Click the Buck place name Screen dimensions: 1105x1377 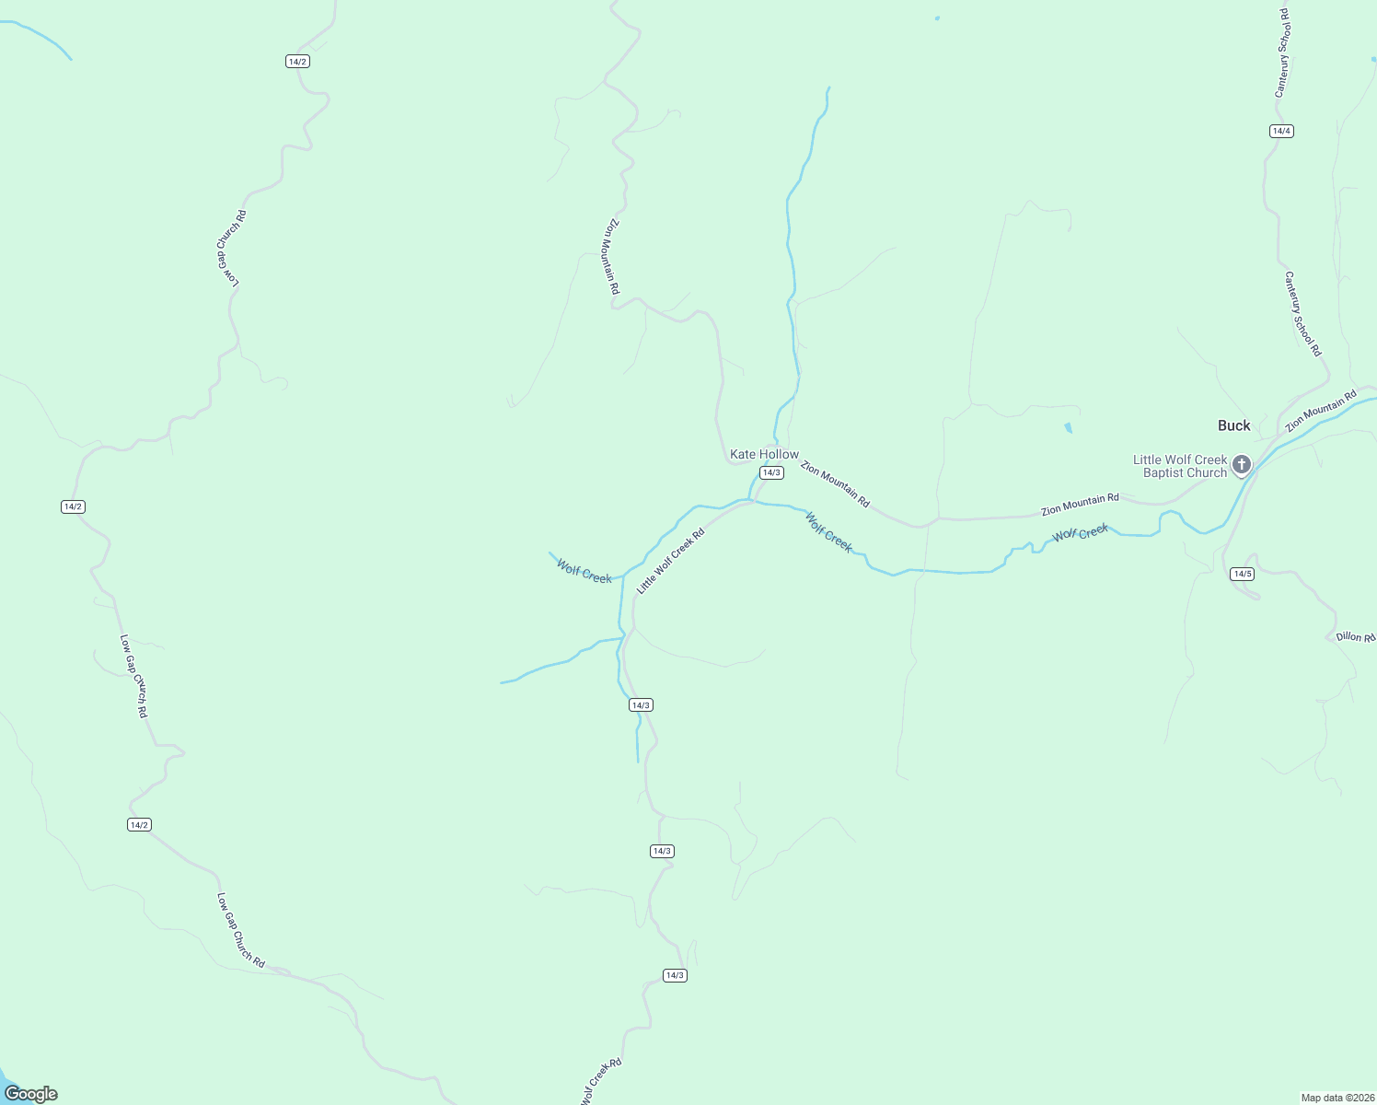(1233, 425)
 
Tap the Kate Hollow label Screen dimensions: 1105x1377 (764, 454)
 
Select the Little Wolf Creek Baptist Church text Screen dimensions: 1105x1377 (1179, 466)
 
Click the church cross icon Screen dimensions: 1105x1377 (1241, 465)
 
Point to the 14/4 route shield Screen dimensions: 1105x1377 (1281, 131)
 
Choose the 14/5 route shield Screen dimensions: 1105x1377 (1242, 574)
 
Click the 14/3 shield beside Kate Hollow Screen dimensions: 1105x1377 (770, 472)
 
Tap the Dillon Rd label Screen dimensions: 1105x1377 (1355, 636)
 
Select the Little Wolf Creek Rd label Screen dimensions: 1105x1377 (670, 560)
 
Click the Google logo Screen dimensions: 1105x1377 (31, 1094)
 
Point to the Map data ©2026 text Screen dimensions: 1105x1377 (1337, 1098)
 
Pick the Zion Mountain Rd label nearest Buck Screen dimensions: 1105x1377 (1321, 412)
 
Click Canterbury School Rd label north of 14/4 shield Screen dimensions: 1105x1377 (1282, 52)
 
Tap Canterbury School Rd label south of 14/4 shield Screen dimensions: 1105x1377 (1302, 314)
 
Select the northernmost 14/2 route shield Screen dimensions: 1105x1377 (297, 62)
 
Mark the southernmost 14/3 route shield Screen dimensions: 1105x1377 (675, 975)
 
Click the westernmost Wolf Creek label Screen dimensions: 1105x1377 (584, 571)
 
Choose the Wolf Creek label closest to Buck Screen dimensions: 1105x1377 (1080, 533)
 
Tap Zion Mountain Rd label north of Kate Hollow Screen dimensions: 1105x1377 (611, 256)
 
